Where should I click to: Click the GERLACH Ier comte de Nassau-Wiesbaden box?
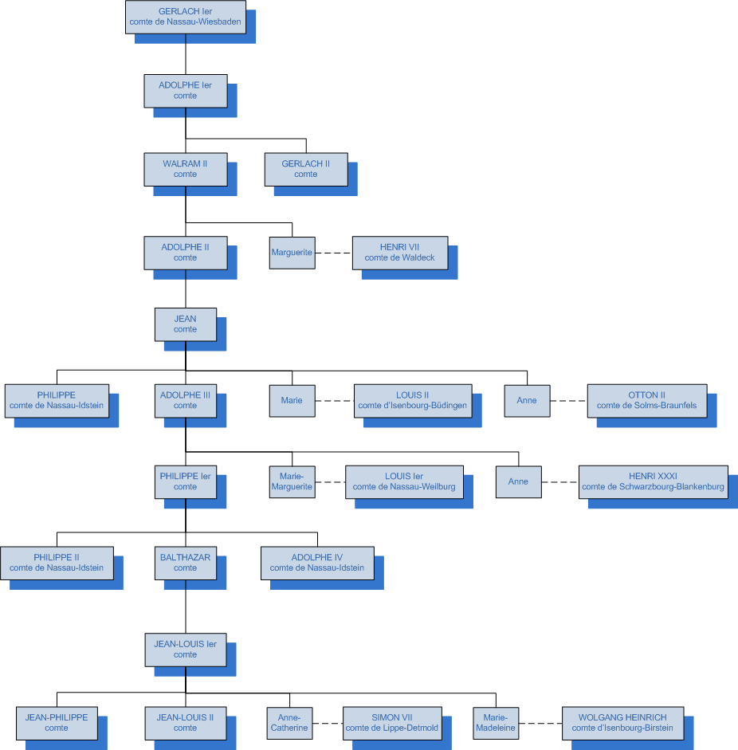pyautogui.click(x=185, y=18)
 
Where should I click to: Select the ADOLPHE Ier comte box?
pyautogui.click(x=185, y=91)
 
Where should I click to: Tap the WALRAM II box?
pyautogui.click(x=185, y=169)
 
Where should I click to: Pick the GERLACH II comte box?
pyautogui.click(x=306, y=169)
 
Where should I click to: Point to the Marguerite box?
pyautogui.click(x=292, y=253)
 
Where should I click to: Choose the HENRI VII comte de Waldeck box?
pyautogui.click(x=400, y=253)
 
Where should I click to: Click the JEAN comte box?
pyautogui.click(x=185, y=324)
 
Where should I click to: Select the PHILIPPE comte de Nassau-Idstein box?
pyautogui.click(x=57, y=400)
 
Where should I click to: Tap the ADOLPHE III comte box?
pyautogui.click(x=185, y=400)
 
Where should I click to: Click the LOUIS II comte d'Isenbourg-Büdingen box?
pyautogui.click(x=413, y=400)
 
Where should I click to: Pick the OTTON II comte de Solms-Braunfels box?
pyautogui.click(x=646, y=400)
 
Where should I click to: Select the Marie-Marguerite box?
pyautogui.click(x=292, y=482)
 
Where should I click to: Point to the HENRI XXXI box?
pyautogui.click(x=653, y=482)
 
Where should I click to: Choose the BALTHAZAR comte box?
pyautogui.click(x=185, y=563)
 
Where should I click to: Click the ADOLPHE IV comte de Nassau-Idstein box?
pyautogui.click(x=317, y=563)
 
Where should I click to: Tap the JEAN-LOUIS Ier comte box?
pyautogui.click(x=185, y=650)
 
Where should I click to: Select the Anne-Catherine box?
pyautogui.click(x=289, y=723)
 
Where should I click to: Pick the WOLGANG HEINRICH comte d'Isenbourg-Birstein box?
pyautogui.click(x=622, y=723)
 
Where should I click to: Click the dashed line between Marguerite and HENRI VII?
pyautogui.click(x=333, y=253)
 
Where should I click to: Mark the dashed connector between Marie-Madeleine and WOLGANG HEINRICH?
pyautogui.click(x=540, y=723)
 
